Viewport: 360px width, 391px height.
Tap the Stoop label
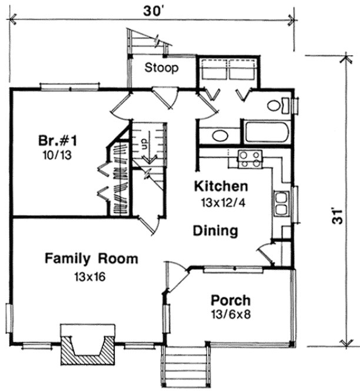point(162,68)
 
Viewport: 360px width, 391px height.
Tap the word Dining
point(216,231)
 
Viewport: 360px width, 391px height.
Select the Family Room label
point(91,258)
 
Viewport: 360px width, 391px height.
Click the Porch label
point(231,300)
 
